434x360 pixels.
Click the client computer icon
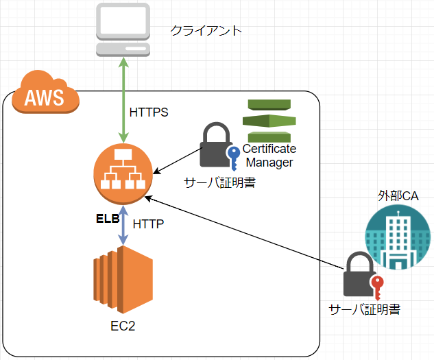pos(123,31)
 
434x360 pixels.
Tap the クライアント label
pos(206,31)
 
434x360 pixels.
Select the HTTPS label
pos(149,112)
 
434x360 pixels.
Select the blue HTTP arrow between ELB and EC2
pos(123,224)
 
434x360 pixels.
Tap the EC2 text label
pos(123,326)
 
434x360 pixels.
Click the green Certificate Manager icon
pos(268,121)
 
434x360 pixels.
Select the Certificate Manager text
pos(269,156)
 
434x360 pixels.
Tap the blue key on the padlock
pos(231,156)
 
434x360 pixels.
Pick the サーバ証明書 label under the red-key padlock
pos(364,309)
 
